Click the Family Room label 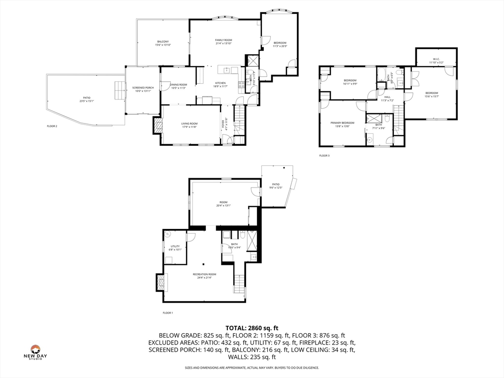(223, 42)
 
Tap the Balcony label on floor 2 (163, 43)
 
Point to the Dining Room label (178, 86)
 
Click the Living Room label (189, 126)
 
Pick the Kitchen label (220, 85)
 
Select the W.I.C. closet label (436, 61)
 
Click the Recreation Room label (204, 276)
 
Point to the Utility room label (175, 248)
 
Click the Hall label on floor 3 (387, 98)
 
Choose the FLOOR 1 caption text (168, 313)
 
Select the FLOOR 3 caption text (324, 156)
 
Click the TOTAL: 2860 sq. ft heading (252, 328)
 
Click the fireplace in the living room (157, 126)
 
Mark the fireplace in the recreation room (160, 283)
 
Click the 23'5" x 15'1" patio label (87, 99)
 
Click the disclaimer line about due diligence (252, 368)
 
